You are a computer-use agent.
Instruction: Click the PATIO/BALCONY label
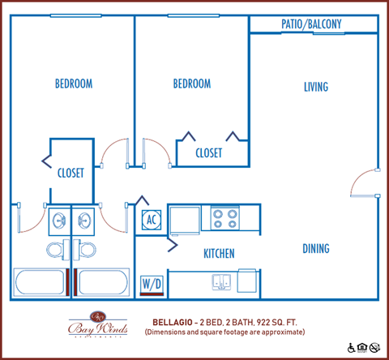[311, 24]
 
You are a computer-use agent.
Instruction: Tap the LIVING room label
[316, 87]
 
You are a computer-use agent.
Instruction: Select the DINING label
[316, 248]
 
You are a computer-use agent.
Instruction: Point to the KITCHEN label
[218, 254]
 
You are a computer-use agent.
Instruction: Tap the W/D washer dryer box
[152, 283]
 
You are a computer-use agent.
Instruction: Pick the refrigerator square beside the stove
[185, 219]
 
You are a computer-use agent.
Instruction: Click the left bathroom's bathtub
[41, 283]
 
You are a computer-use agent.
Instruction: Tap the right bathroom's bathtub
[101, 283]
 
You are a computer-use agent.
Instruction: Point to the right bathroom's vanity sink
[84, 219]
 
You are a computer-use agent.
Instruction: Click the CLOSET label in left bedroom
[71, 173]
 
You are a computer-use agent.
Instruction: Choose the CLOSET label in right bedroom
[210, 152]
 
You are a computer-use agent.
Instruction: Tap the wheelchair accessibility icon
[351, 348]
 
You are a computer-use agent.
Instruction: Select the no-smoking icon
[374, 348]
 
